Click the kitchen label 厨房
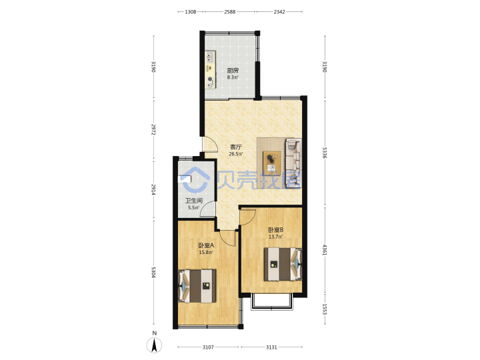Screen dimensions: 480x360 click(x=233, y=71)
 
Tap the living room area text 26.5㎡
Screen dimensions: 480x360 click(x=236, y=154)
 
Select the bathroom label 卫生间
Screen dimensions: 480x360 click(x=194, y=201)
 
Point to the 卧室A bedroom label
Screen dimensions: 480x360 click(x=206, y=245)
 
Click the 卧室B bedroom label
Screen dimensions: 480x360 click(x=275, y=229)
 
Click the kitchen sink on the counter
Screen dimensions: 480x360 click(x=210, y=57)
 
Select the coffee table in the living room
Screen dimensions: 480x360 click(x=271, y=163)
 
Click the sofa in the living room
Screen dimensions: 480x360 click(x=293, y=163)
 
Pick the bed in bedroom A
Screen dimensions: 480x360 click(x=197, y=286)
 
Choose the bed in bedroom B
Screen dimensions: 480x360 click(x=283, y=264)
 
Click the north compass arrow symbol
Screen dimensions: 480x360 click(x=155, y=345)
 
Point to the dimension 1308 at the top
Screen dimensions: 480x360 click(x=191, y=12)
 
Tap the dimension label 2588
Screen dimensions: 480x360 click(x=230, y=12)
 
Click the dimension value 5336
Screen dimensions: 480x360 click(x=325, y=153)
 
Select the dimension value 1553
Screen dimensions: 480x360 click(x=325, y=309)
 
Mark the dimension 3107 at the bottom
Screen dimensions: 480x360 click(x=208, y=347)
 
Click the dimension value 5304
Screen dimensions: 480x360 click(x=153, y=273)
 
